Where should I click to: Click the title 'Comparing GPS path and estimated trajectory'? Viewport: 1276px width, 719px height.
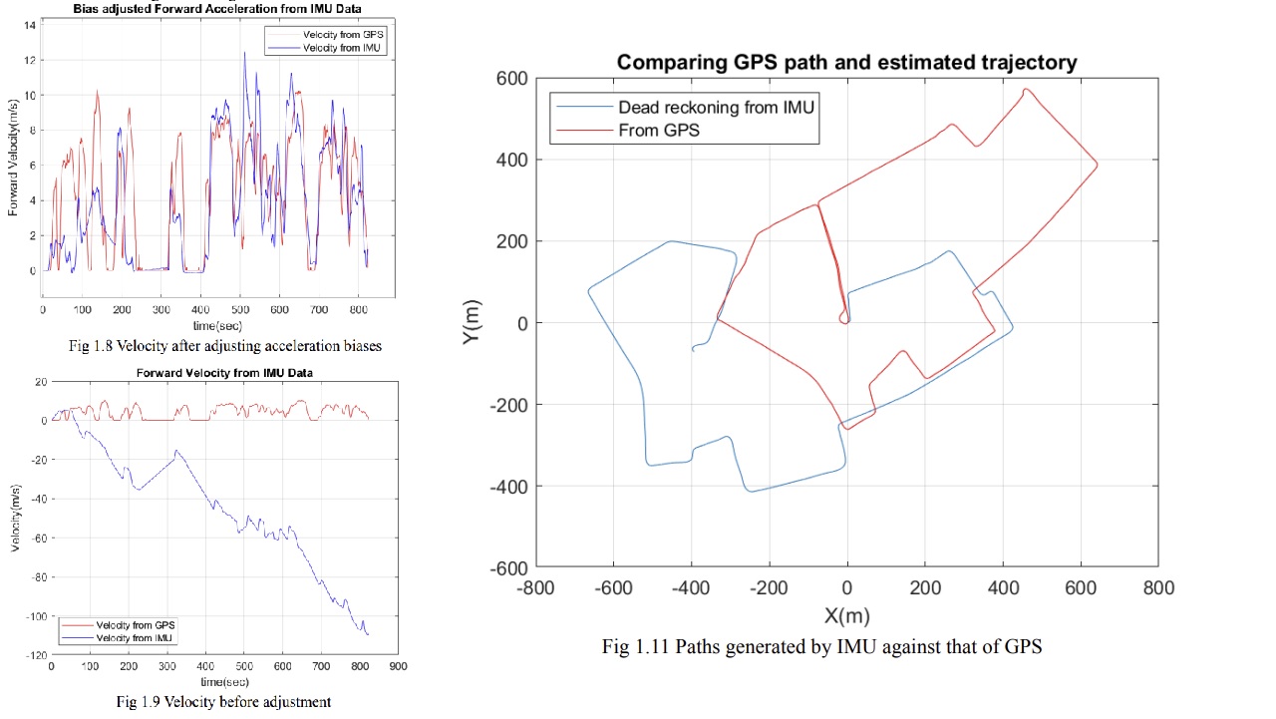[846, 62]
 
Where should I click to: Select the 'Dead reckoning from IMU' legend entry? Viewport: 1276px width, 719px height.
[716, 108]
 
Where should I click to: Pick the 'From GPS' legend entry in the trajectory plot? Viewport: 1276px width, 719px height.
[659, 131]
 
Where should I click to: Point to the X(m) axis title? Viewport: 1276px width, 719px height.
[846, 615]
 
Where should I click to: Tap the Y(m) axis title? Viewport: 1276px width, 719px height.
[473, 322]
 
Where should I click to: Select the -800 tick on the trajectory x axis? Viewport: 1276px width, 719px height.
[535, 588]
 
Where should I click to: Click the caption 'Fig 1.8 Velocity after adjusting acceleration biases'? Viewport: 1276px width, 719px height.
[224, 346]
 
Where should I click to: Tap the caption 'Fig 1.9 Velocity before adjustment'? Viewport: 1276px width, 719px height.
[223, 701]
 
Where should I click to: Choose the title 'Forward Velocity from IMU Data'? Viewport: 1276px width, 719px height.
[223, 373]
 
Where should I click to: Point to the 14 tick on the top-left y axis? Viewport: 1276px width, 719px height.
[31, 25]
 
